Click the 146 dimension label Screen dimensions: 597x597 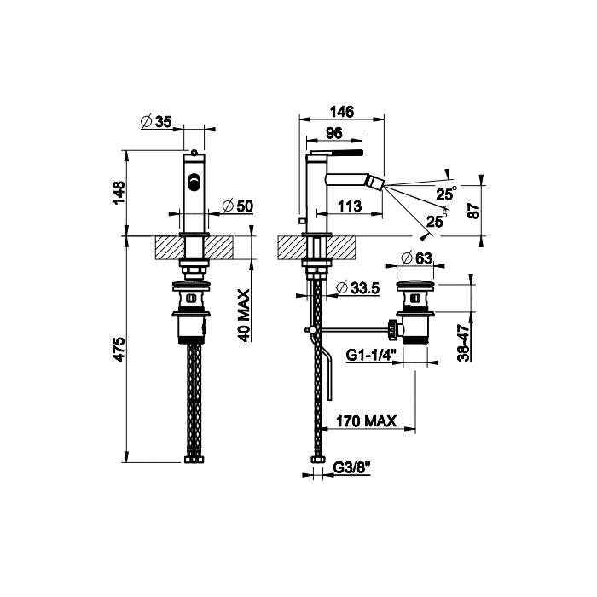(341, 112)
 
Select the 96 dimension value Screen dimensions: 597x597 (334, 133)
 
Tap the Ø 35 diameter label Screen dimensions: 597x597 (156, 121)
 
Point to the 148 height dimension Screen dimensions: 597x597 (119, 193)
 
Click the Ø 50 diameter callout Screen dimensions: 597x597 (237, 206)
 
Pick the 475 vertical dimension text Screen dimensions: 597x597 (119, 349)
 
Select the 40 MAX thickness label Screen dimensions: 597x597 (244, 316)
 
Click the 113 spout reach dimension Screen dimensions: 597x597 (350, 206)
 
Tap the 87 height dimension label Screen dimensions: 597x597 (474, 211)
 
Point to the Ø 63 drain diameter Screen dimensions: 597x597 (416, 258)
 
